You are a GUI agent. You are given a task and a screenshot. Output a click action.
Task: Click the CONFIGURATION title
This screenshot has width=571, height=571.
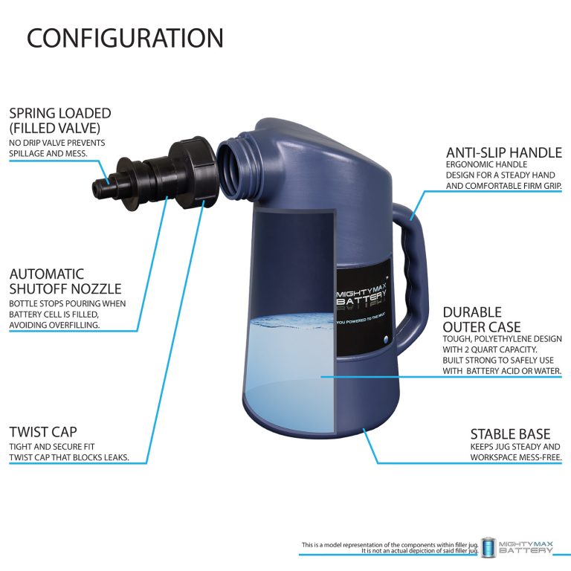click(x=125, y=38)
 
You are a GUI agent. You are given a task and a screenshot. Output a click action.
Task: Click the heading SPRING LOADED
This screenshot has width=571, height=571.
click(x=60, y=114)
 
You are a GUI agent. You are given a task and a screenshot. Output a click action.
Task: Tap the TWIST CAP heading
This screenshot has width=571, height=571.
click(x=43, y=432)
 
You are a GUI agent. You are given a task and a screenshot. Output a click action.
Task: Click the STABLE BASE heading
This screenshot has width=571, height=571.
click(x=510, y=433)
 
